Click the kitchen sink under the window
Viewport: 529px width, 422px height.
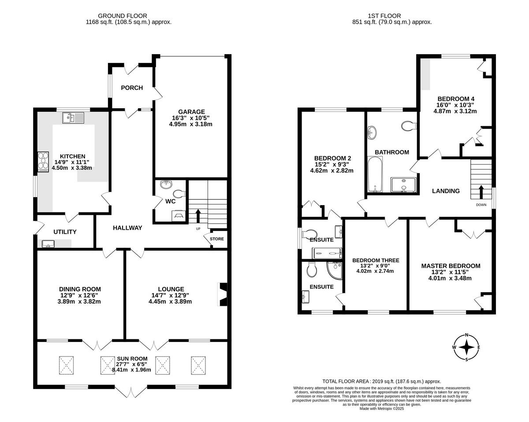[73, 118]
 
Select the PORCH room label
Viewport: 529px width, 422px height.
[132, 88]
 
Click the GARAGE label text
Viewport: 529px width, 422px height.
[191, 112]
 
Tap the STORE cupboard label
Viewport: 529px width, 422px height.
[217, 239]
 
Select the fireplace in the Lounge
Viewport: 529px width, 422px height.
[223, 294]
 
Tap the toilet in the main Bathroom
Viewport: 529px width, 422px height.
[408, 127]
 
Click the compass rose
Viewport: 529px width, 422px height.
[466, 347]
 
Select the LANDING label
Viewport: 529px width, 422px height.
[446, 191]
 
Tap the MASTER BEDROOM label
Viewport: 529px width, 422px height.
[451, 266]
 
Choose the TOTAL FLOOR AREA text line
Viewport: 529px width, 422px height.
[382, 382]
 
